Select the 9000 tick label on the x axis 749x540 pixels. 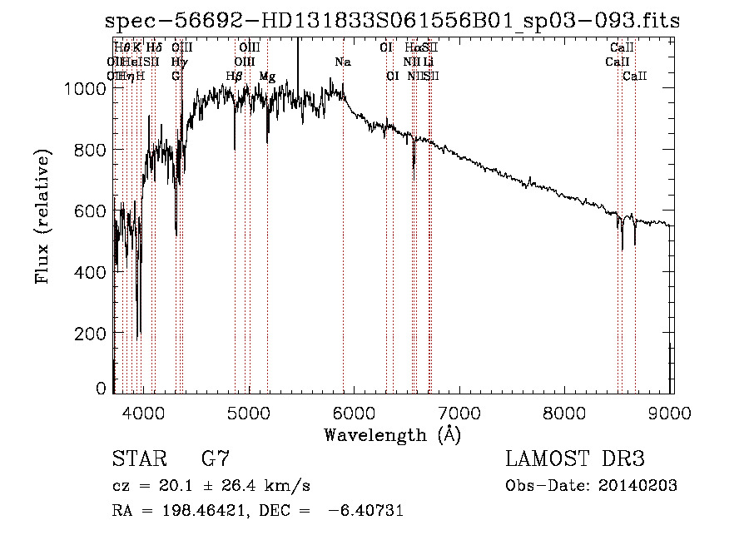coord(671,412)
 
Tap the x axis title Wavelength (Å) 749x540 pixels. coord(392,434)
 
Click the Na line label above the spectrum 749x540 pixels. coord(343,62)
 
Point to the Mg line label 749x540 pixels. coord(267,77)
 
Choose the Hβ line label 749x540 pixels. coord(234,77)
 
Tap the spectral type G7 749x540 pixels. coord(215,459)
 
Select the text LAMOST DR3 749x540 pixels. coord(574,459)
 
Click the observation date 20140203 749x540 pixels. coord(640,486)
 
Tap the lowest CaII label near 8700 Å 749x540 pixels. coord(634,77)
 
